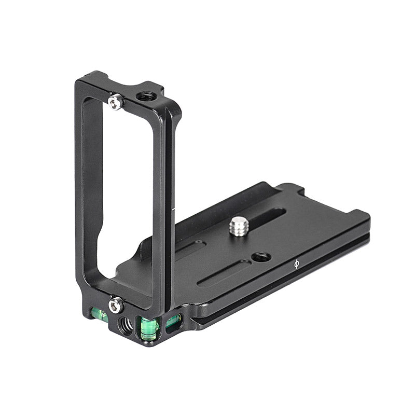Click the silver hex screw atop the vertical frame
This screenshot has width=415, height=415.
116,101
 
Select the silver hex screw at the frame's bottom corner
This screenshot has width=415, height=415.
115,305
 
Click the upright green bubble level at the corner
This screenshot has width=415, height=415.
148,329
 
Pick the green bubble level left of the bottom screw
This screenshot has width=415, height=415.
99,314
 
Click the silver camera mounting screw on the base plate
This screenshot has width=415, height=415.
239,226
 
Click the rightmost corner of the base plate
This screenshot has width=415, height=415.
369,218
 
